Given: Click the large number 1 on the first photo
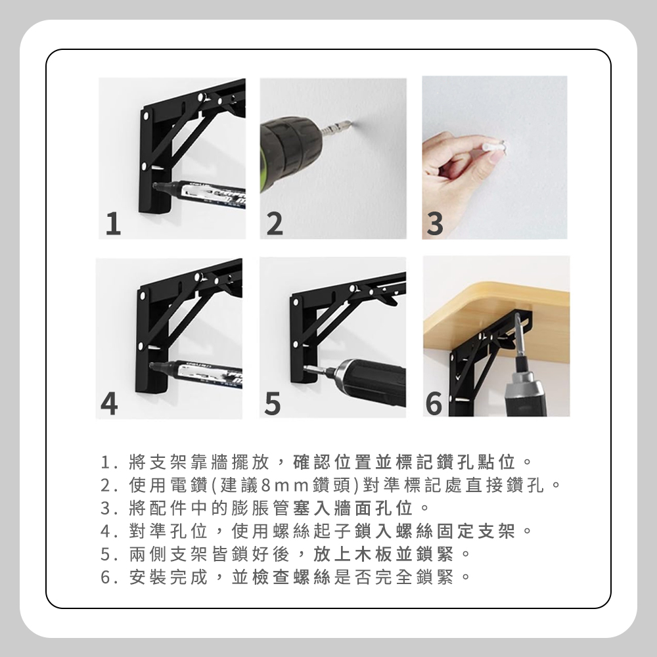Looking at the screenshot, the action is pos(113,224).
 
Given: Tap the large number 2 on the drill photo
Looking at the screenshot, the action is pos(275,224).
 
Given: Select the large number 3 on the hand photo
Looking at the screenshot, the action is pos(435,224).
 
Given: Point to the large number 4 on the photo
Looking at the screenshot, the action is pos(109,403).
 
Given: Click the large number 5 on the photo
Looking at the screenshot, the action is pos(273,403).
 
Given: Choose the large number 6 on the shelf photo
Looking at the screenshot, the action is pos(434,403).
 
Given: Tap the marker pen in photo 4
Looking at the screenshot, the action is pos(196,373).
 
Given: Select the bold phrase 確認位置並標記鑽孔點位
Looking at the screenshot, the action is pos(403,462).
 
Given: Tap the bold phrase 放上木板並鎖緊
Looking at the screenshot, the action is pos(384,555).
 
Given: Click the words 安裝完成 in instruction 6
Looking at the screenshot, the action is pos(168,578).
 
